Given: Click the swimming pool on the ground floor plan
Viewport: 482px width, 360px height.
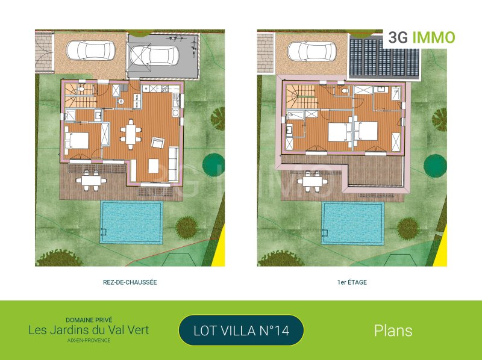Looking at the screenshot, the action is pyautogui.click(x=131, y=222).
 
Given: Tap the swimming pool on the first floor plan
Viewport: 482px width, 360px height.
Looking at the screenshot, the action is pyautogui.click(x=353, y=223).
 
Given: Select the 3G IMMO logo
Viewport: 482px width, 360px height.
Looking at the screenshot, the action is pyautogui.click(x=421, y=37).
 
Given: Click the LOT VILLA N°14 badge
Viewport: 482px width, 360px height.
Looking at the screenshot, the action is pyautogui.click(x=242, y=331).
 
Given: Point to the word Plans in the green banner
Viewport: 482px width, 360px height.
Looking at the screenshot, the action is pyautogui.click(x=393, y=331).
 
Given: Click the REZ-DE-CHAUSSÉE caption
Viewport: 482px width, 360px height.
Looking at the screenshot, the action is pyautogui.click(x=130, y=282).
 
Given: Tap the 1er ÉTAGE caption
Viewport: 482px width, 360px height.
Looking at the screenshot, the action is pyautogui.click(x=352, y=282).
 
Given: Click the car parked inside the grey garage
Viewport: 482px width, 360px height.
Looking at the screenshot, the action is pyautogui.click(x=154, y=55).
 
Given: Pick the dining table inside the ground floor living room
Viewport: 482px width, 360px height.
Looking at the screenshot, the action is pyautogui.click(x=131, y=134).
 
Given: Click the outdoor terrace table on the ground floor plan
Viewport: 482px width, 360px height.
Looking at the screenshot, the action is pyautogui.click(x=92, y=181).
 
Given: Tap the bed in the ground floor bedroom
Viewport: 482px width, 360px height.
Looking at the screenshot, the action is pyautogui.click(x=77, y=140).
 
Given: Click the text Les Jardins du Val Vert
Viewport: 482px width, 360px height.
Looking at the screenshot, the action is pyautogui.click(x=89, y=331).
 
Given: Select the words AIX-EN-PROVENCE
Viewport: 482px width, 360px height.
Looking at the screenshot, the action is pyautogui.click(x=89, y=340).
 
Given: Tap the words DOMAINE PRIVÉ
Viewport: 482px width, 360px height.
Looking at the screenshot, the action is pyautogui.click(x=89, y=320).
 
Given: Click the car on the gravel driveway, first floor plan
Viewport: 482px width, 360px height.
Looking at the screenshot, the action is pyautogui.click(x=312, y=51).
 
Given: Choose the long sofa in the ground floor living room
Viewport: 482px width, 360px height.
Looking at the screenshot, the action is pyautogui.click(x=174, y=164).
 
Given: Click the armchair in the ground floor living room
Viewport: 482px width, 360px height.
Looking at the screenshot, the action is pyautogui.click(x=158, y=143).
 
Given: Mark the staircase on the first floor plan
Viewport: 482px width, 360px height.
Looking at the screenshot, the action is pyautogui.click(x=300, y=96).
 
